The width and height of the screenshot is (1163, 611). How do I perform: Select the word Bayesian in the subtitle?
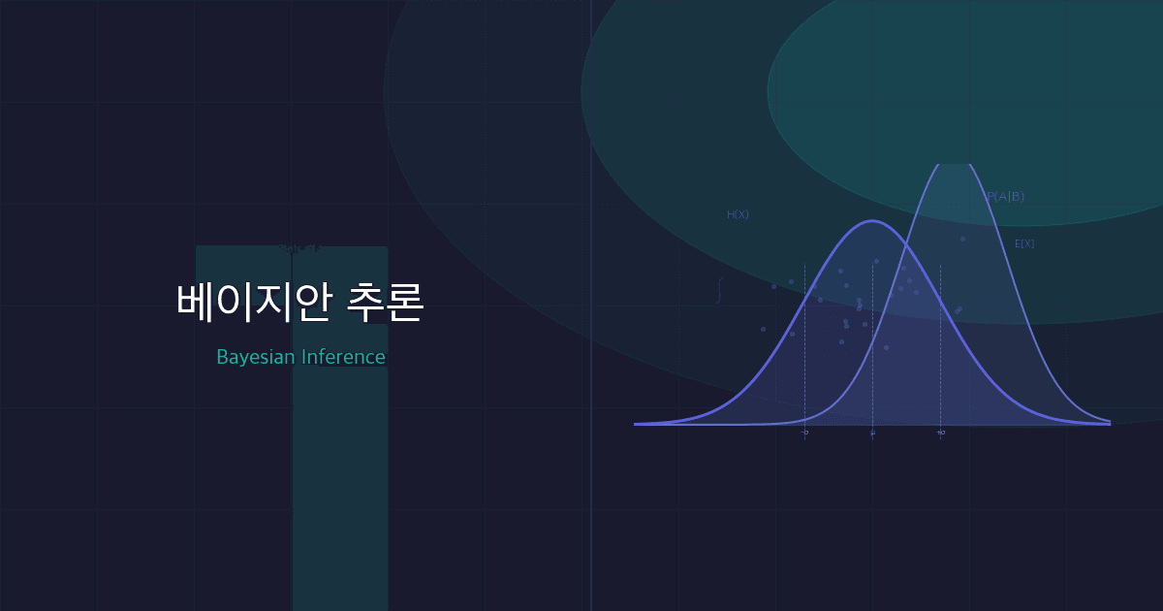256,357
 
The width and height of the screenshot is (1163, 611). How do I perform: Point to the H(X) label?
738,214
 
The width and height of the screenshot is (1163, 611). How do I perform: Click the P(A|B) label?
1005,197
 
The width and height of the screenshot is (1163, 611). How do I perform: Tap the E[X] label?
1024,244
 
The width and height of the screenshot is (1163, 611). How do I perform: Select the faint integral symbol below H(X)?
719,291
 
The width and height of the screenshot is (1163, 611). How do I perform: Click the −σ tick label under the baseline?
804,434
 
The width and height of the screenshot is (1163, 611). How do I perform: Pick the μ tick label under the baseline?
872,434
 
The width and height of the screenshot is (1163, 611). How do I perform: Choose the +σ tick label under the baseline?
940,434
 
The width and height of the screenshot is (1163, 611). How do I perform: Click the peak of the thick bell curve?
872,221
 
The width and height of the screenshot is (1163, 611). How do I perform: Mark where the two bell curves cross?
908,242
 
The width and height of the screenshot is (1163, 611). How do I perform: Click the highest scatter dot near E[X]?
962,239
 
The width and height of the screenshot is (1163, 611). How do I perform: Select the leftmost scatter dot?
763,329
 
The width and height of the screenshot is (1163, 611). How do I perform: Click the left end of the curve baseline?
636,424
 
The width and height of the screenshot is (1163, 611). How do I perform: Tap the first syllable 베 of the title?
193,303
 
